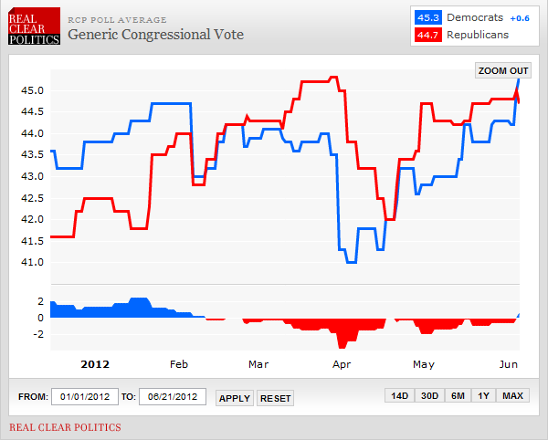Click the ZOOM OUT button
point(503,70)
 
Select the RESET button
point(275,398)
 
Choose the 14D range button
point(399,396)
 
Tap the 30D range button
point(429,396)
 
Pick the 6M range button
point(458,396)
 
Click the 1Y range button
point(483,396)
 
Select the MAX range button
point(513,396)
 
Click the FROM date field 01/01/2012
point(84,397)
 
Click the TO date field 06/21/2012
point(172,397)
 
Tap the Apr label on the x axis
point(342,364)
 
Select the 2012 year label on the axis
point(95,364)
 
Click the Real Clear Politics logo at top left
point(34,26)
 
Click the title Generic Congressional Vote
point(156,35)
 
